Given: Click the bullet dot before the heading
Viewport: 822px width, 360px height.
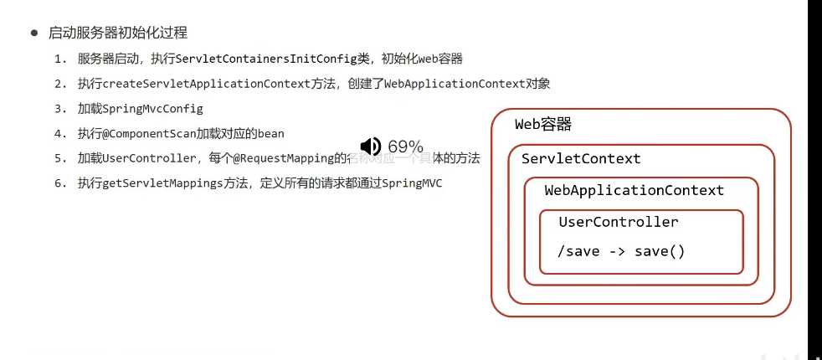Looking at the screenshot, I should pos(34,33).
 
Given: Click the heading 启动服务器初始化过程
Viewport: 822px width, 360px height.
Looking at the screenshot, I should pos(119,33).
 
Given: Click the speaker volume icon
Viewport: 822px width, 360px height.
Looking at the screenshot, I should pos(370,147).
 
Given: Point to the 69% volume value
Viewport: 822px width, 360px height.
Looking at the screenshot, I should pos(406,147).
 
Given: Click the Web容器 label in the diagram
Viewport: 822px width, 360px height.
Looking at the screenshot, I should pos(543,124).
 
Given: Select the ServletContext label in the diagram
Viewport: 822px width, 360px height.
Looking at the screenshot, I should pos(581,158).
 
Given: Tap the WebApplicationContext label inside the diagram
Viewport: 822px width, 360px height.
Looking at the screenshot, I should pos(634,190).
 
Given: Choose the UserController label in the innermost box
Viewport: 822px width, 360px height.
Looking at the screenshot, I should pos(619,222).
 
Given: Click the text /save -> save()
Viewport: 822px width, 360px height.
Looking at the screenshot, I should pos(622,251).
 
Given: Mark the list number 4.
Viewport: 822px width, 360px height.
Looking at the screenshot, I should pos(59,133).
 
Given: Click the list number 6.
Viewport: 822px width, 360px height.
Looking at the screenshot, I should pos(59,183).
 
